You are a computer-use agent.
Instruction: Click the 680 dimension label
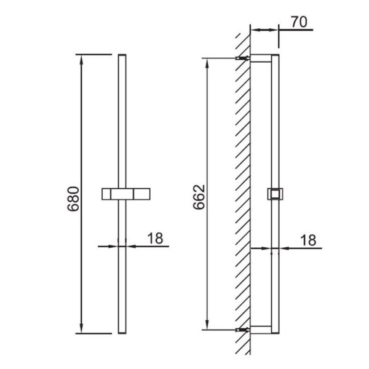point(73,199)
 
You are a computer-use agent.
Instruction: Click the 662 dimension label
point(199,197)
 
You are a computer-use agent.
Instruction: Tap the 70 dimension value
point(299,22)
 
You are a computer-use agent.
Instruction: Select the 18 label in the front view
point(155,238)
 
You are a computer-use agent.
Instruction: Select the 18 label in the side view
point(308,240)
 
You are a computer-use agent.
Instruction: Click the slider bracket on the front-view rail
point(126,194)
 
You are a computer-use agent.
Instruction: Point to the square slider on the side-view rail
point(275,194)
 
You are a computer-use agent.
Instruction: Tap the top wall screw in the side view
point(242,58)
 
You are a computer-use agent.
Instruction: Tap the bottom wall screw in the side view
point(242,330)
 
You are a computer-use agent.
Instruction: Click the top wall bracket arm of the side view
point(261,58)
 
